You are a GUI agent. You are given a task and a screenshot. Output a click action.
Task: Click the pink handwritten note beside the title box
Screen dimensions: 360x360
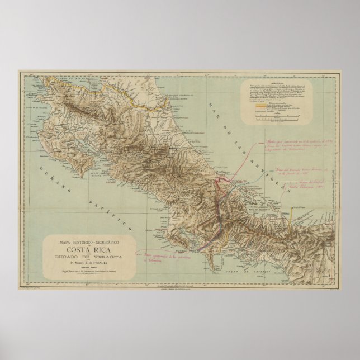pyautogui.click(x=162, y=257)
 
